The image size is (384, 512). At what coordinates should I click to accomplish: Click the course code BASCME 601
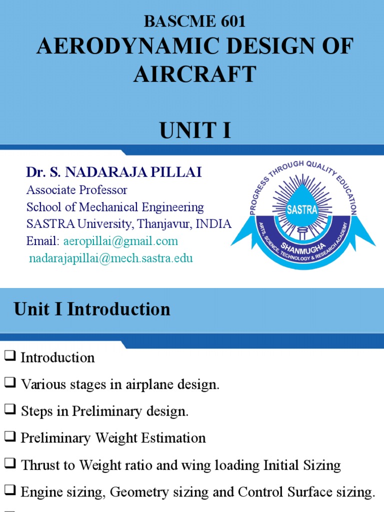194,21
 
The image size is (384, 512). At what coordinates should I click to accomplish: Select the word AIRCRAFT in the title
194,74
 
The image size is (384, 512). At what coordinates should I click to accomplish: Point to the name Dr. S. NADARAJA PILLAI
114,172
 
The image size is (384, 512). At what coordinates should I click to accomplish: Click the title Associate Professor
76,190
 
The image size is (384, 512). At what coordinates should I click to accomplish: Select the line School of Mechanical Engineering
115,207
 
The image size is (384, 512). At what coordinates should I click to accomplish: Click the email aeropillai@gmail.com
120,241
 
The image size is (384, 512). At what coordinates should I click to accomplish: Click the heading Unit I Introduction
92,309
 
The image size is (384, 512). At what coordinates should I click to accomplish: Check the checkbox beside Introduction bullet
9,357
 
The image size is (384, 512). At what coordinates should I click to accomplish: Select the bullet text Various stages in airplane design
120,384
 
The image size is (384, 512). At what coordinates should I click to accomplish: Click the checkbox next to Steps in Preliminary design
9,411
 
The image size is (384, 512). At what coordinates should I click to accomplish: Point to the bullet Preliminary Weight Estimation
113,438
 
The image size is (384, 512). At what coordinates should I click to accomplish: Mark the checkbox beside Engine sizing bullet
9,492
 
